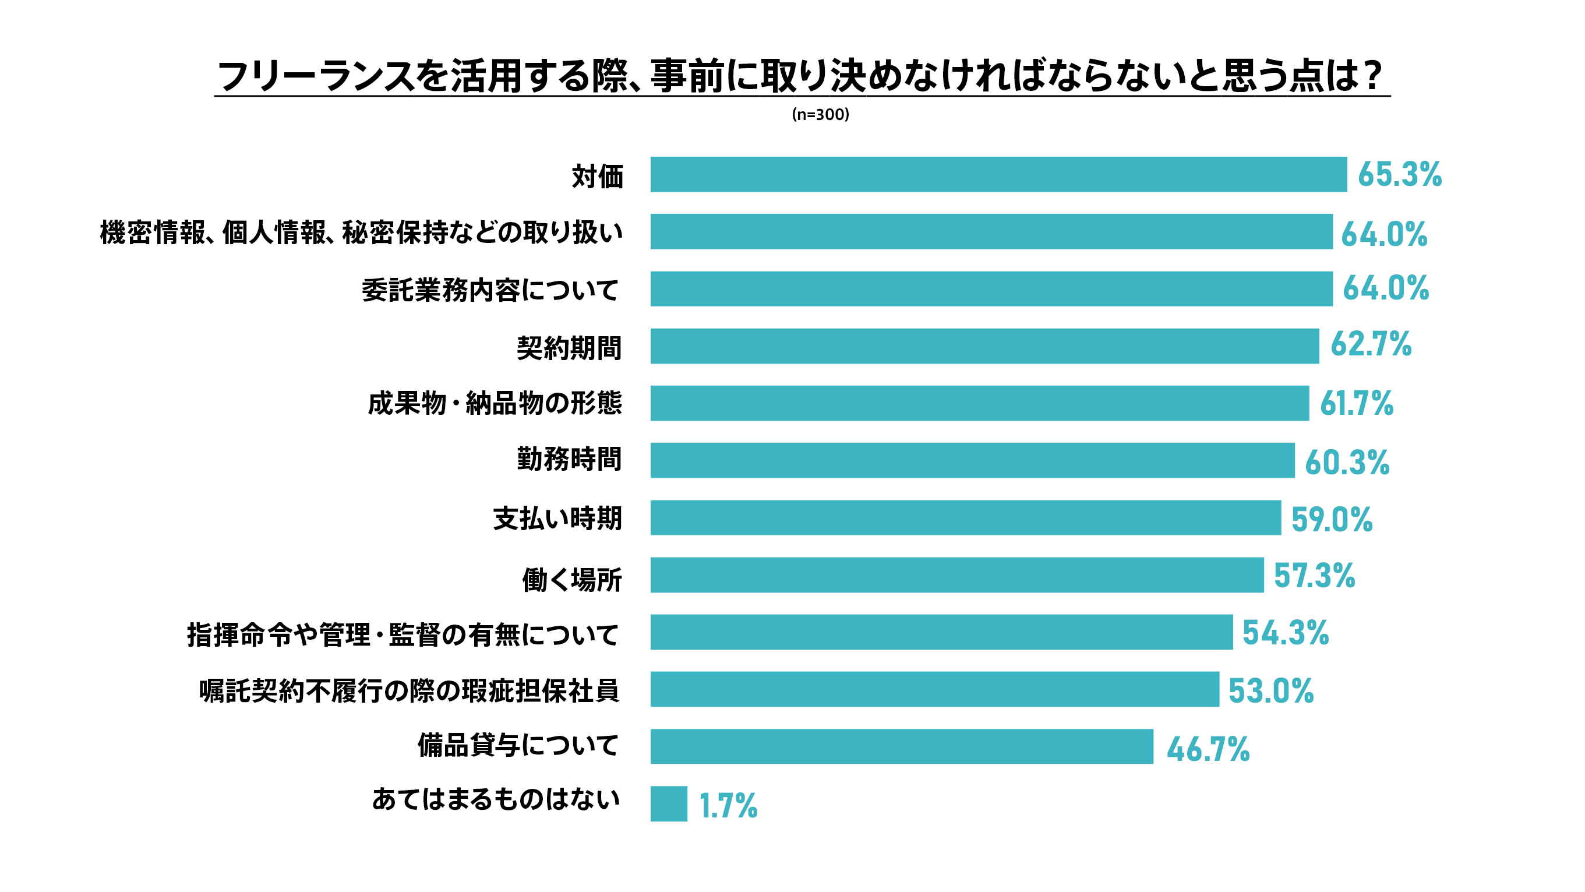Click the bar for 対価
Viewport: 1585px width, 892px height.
(998, 174)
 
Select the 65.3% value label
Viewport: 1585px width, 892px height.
(1399, 174)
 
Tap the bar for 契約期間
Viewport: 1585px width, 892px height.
(984, 346)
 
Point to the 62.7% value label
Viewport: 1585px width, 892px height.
(1370, 344)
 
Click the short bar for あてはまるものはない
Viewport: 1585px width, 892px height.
(669, 803)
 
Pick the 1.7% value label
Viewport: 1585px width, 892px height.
(728, 806)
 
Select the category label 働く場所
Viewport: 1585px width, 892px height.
(571, 579)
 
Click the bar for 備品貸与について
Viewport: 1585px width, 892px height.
(901, 746)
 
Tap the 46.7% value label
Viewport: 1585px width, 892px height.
(1208, 749)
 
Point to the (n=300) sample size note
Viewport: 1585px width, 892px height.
(820, 115)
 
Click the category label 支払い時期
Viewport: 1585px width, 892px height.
(557, 519)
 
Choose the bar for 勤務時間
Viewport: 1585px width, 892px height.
(972, 460)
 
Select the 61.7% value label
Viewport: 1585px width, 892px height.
(1356, 404)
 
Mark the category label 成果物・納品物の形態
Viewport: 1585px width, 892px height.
(495, 404)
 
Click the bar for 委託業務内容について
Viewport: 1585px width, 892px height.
(991, 289)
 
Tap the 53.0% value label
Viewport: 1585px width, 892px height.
(1270, 690)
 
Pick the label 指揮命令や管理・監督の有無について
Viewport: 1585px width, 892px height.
(403, 634)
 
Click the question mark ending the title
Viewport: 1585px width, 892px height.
(1372, 76)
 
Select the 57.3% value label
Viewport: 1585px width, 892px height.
(1314, 576)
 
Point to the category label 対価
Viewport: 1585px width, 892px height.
(598, 177)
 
